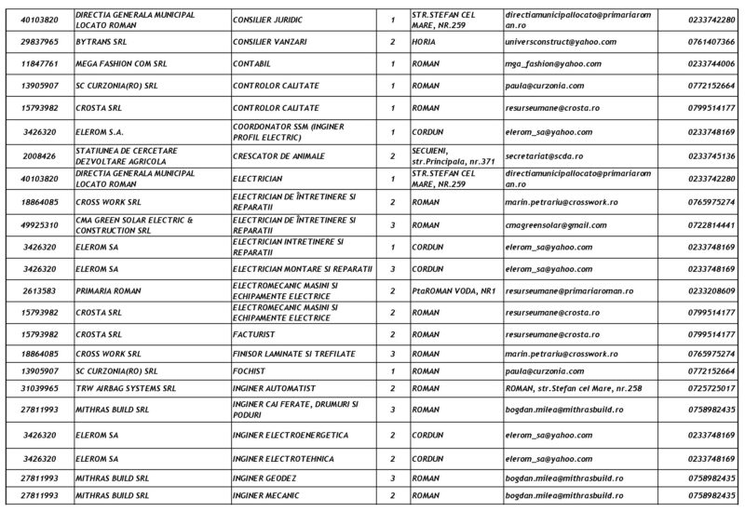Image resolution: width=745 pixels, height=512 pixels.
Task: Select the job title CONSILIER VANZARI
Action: point(271,42)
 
